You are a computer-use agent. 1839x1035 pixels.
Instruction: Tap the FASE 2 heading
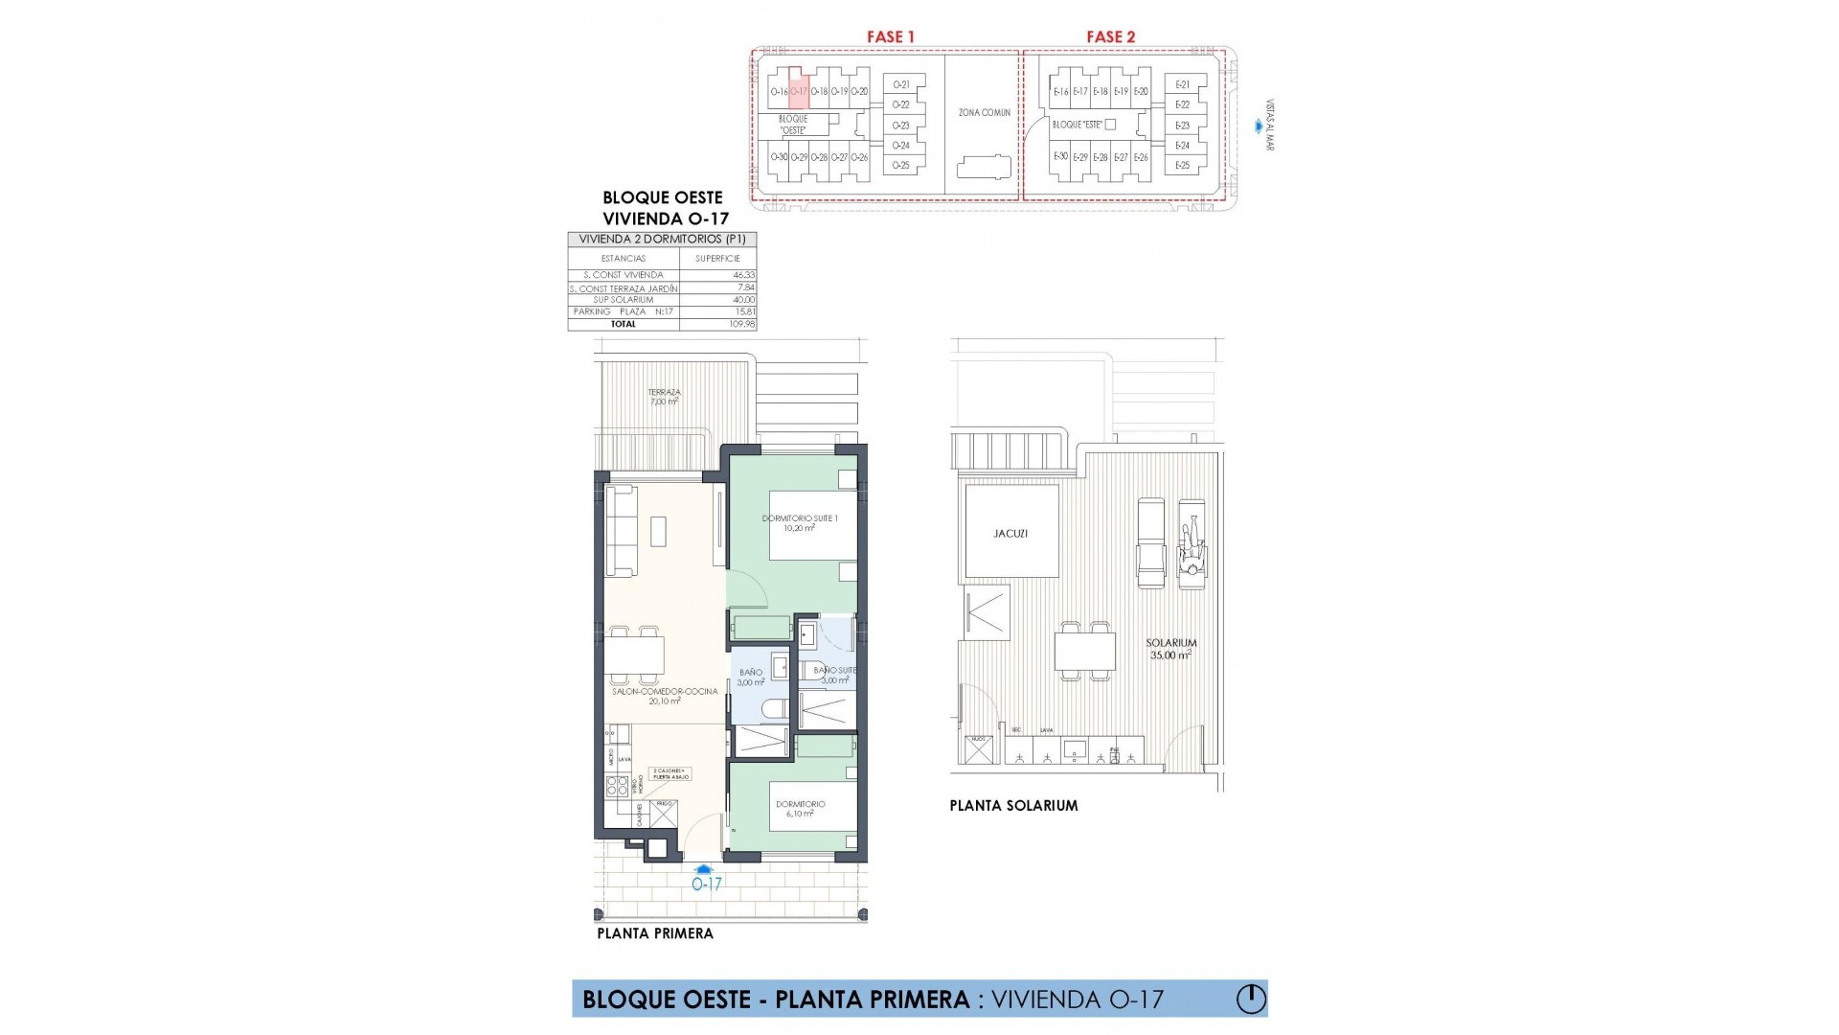click(x=1110, y=36)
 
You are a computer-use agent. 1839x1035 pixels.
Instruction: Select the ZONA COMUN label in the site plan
click(x=984, y=113)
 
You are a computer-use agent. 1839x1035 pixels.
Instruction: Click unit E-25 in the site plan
click(x=1182, y=166)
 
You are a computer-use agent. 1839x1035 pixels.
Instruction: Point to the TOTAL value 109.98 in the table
click(x=742, y=325)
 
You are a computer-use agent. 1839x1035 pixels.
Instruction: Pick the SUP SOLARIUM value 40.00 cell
click(x=742, y=300)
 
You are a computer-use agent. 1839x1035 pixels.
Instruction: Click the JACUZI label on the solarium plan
click(x=1010, y=534)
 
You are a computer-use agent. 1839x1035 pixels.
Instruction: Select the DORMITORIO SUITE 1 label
click(x=800, y=523)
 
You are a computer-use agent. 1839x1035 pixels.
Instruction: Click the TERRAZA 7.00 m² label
click(x=664, y=397)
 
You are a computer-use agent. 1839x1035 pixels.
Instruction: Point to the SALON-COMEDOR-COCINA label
click(x=665, y=696)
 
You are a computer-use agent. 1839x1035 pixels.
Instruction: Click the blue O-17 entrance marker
click(x=706, y=880)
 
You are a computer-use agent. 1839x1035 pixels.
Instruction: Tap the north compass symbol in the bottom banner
click(x=1250, y=999)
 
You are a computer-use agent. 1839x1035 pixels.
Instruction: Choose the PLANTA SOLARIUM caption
click(x=1013, y=806)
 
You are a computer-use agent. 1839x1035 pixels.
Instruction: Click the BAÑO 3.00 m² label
click(x=751, y=678)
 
